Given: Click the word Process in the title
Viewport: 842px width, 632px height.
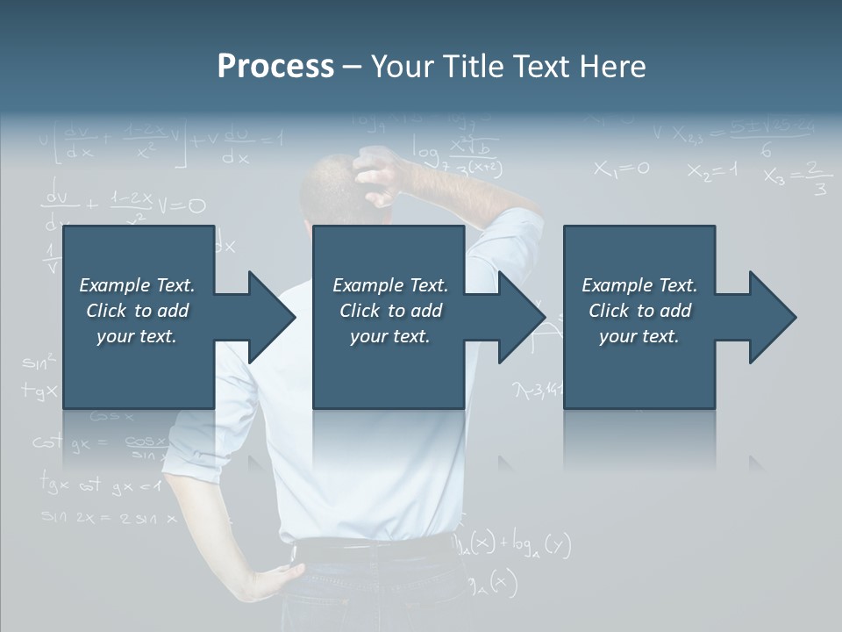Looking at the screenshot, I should [275, 67].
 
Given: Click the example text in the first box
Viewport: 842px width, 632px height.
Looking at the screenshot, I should [137, 311].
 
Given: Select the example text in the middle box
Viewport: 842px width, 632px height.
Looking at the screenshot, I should [389, 311].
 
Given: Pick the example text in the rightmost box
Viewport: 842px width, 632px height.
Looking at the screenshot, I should [639, 311].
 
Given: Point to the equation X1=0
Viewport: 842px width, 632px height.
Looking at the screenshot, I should [621, 169].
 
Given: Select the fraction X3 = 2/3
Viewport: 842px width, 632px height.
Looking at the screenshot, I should [796, 176].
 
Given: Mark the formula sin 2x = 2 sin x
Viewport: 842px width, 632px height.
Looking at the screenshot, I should [109, 518].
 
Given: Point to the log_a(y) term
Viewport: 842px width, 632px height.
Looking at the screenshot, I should [544, 546].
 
